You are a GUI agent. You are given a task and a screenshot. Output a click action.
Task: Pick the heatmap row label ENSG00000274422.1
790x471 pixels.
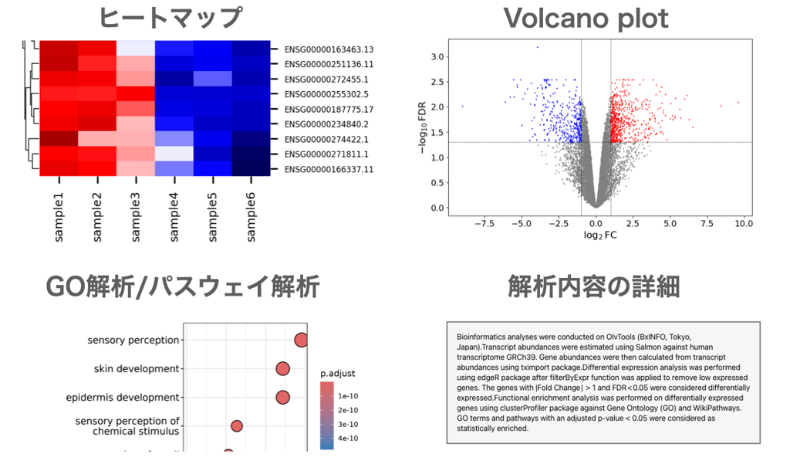[326, 139]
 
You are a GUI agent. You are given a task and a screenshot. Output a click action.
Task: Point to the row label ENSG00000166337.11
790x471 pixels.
[329, 168]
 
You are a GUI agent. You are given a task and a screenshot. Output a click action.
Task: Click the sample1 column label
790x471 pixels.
[59, 217]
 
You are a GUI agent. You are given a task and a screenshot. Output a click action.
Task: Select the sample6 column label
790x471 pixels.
[251, 217]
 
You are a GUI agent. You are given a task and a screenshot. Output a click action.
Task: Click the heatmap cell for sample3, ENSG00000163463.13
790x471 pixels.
[136, 49]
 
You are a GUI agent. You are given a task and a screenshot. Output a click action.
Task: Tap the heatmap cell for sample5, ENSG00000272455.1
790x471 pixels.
[212, 79]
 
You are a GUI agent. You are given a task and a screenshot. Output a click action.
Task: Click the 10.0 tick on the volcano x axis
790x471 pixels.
[743, 223]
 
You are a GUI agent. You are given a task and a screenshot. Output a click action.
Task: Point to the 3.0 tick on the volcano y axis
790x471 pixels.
[437, 57]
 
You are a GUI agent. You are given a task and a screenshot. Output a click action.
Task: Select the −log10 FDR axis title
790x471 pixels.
[423, 132]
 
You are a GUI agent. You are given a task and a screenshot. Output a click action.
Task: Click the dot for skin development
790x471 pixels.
[282, 369]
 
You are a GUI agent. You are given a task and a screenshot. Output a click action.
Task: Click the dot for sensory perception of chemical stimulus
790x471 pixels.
[237, 426]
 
